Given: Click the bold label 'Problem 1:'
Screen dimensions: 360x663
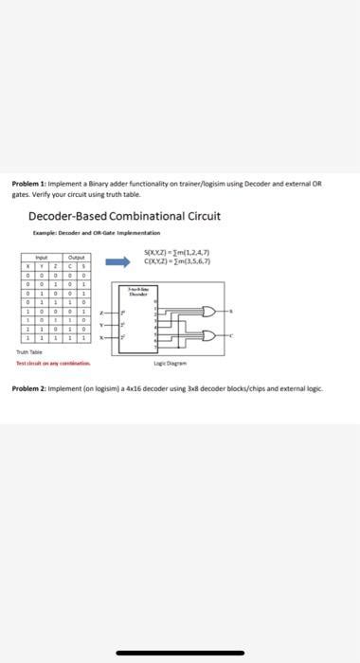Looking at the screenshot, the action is (29, 184).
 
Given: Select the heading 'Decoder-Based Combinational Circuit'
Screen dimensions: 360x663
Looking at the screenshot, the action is (124, 216).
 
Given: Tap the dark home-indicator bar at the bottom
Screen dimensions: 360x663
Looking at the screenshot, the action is (180, 652).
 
